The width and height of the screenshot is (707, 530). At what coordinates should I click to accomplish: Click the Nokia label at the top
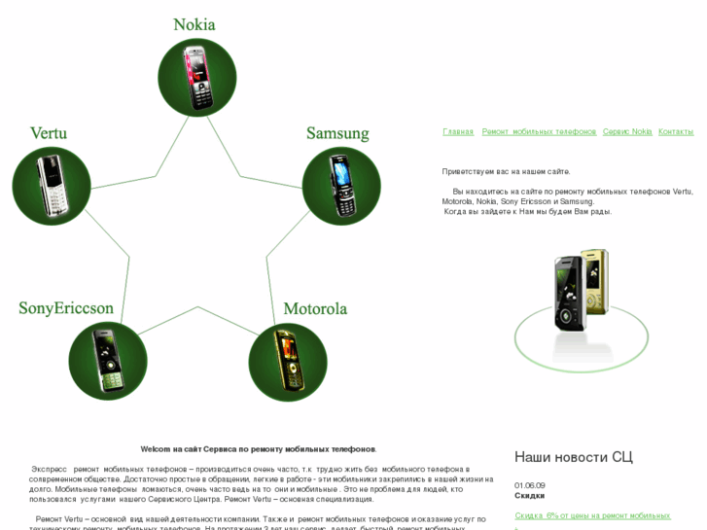tap(194, 24)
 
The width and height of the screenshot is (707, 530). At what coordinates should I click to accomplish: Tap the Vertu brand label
tap(49, 133)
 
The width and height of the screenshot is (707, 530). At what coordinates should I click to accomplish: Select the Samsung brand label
tap(337, 133)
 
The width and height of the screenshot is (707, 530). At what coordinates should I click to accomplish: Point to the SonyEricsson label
tap(66, 308)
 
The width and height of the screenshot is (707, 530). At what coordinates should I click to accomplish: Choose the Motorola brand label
tap(315, 309)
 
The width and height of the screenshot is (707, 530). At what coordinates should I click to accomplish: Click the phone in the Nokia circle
tap(197, 77)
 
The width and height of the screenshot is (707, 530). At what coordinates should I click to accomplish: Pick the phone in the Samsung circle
tap(341, 186)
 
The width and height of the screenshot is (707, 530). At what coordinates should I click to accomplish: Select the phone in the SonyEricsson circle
tap(107, 361)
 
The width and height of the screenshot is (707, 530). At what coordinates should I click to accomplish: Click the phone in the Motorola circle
tap(288, 362)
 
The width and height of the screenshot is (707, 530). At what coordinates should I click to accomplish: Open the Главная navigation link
tap(458, 131)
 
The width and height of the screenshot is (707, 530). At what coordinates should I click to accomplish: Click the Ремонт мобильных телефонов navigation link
tap(539, 131)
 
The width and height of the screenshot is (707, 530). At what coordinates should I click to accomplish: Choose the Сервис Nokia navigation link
tap(627, 131)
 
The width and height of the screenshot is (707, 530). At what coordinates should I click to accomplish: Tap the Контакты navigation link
tap(676, 131)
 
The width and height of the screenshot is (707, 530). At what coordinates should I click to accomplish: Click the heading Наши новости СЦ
tap(573, 457)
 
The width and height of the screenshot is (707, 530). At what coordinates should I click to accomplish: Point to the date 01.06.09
tap(530, 485)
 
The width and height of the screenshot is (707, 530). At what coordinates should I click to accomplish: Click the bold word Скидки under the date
tap(529, 496)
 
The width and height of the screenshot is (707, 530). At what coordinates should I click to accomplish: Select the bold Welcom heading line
tap(259, 449)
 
